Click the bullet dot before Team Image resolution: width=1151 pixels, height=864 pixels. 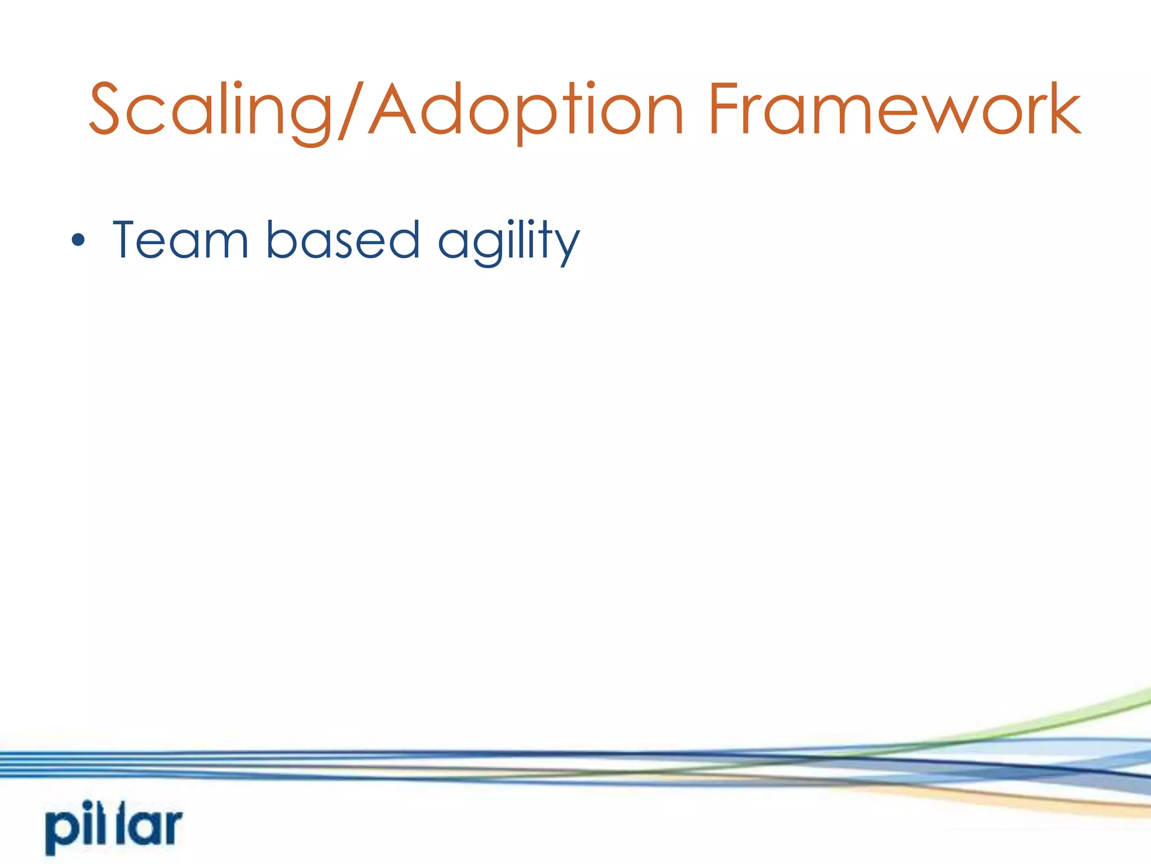78,241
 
